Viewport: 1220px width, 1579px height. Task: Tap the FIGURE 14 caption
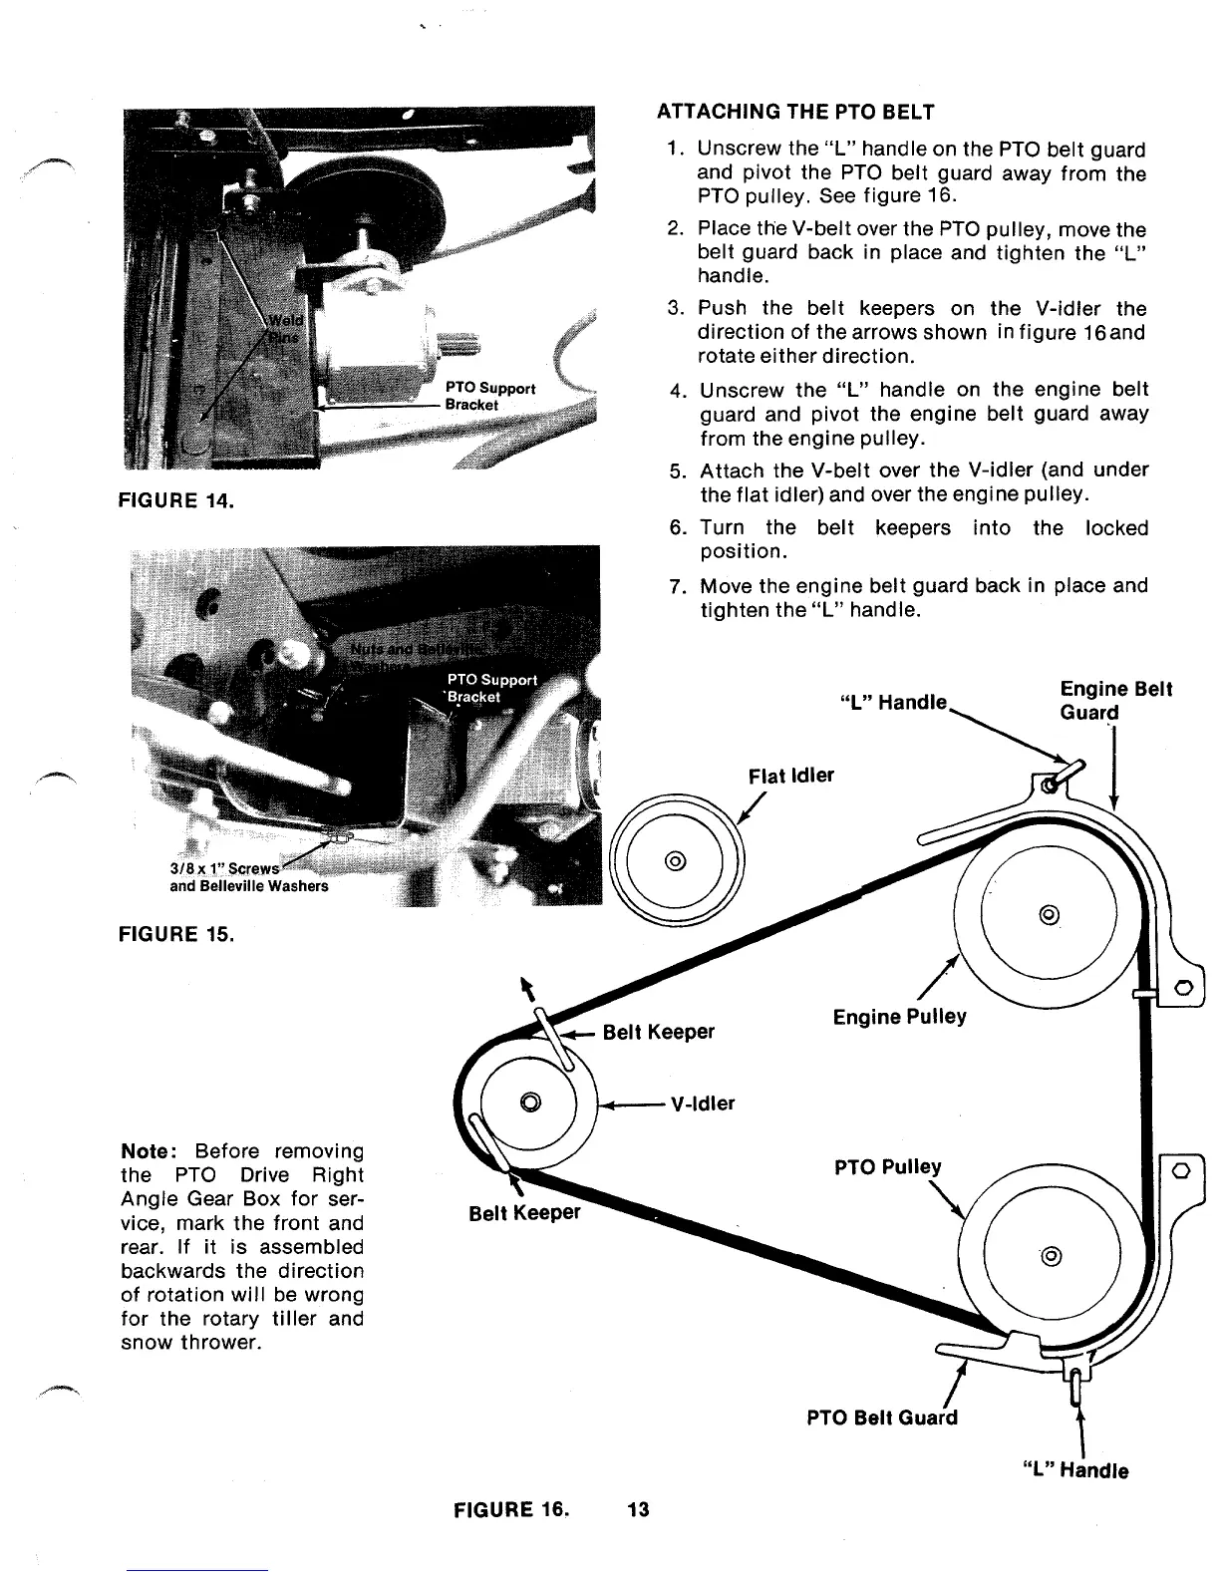tap(176, 499)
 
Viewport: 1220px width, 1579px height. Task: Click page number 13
tap(638, 1508)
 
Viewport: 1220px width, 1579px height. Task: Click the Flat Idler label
tap(791, 776)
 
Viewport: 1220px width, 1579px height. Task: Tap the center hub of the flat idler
tap(675, 860)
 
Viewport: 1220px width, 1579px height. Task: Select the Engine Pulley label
tap(899, 1017)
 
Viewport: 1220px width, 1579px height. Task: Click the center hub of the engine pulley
tap(1048, 915)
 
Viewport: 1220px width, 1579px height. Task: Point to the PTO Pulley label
tap(887, 1166)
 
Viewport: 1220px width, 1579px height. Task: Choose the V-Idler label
tap(702, 1104)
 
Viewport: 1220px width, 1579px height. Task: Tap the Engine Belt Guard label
tap(1115, 700)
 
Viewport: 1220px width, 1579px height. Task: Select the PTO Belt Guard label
tap(881, 1418)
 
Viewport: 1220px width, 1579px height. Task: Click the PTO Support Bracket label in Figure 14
tap(489, 396)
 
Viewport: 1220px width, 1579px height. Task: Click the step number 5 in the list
tap(675, 471)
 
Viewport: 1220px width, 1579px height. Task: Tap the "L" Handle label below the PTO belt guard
tap(1075, 1470)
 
